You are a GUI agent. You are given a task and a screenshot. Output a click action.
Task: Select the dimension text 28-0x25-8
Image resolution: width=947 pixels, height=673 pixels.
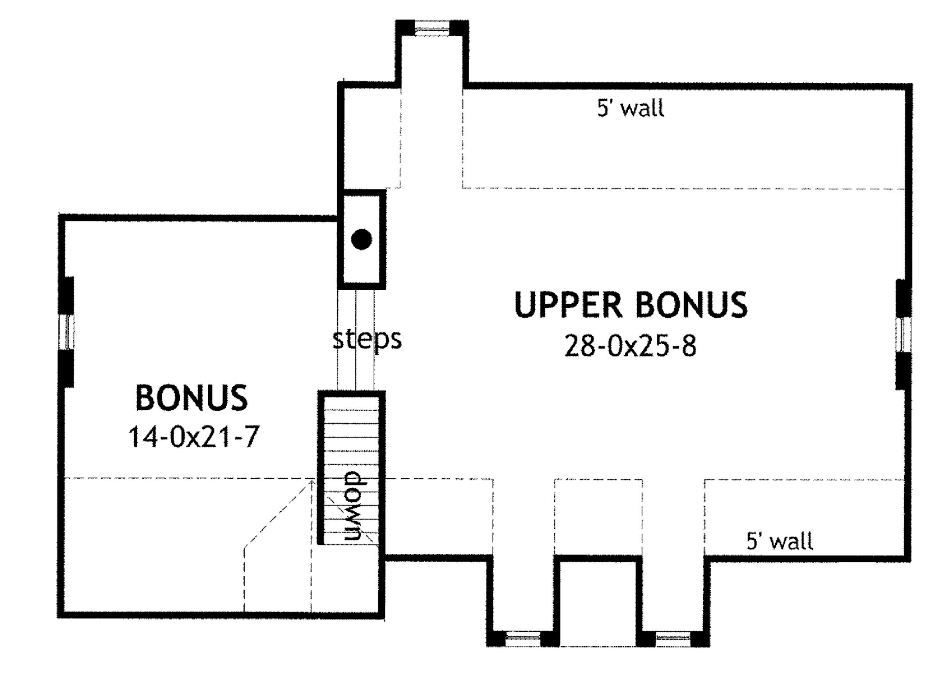click(x=630, y=346)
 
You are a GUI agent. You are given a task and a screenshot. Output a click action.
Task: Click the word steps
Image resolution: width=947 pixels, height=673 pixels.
click(x=367, y=339)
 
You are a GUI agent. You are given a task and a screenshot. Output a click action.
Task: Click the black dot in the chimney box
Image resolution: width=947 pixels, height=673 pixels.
click(x=362, y=239)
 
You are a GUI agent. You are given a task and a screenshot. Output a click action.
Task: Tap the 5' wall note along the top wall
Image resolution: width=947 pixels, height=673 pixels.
click(x=630, y=108)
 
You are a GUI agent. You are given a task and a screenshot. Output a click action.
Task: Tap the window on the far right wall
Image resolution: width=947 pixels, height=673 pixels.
click(x=903, y=335)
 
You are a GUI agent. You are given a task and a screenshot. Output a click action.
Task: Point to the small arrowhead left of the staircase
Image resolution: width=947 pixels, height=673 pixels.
click(x=311, y=482)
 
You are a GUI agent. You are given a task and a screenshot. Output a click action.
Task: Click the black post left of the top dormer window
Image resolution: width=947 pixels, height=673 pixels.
click(x=405, y=28)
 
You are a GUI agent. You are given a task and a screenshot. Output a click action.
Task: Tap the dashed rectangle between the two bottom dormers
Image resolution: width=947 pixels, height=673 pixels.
click(x=598, y=517)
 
